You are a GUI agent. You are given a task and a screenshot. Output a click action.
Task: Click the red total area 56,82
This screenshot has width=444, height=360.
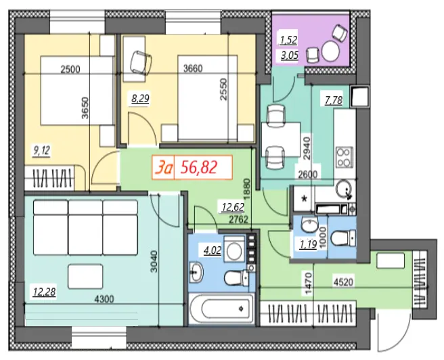coord(199,167)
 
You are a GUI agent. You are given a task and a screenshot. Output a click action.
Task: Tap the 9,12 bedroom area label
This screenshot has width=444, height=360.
coord(42,151)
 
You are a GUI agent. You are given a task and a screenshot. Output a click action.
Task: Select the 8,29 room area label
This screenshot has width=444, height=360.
coord(140,99)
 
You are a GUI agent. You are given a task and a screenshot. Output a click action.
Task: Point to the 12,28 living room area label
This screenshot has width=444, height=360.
coord(44,291)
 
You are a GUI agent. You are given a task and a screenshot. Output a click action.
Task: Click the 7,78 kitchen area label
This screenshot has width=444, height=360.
coord(334,100)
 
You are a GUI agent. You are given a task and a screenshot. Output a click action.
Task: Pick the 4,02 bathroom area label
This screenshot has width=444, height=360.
coord(213,250)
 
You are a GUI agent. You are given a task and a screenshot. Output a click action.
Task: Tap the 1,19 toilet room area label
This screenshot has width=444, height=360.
coord(308,244)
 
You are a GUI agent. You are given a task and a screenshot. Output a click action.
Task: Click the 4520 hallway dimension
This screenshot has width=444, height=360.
coord(343,282)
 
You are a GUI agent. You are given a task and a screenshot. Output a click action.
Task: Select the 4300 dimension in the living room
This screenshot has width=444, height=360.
coord(104,299)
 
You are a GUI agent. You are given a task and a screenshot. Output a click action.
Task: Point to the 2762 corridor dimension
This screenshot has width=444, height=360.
coord(238,219)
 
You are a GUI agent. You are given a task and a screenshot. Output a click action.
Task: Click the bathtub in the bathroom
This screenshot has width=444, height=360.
coord(221,309)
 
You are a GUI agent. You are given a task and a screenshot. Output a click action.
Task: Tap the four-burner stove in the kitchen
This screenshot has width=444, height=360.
coord(345,157)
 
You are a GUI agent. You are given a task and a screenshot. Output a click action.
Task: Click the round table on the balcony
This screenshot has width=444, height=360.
coord(330,51)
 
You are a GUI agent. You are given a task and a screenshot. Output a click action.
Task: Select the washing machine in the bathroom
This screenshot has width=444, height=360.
coord(234,249)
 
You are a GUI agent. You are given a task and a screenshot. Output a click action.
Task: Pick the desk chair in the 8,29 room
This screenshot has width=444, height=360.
coord(141,62)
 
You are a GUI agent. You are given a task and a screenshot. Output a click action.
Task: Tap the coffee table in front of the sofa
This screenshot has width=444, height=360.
coord(86,277)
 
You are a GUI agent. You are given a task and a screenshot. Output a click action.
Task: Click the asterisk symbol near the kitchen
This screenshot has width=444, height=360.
coord(305,199)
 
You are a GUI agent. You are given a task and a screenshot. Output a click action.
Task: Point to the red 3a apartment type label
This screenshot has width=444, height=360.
coord(163,168)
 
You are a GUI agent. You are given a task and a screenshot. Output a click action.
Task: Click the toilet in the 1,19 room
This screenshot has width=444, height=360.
coord(343,238)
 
